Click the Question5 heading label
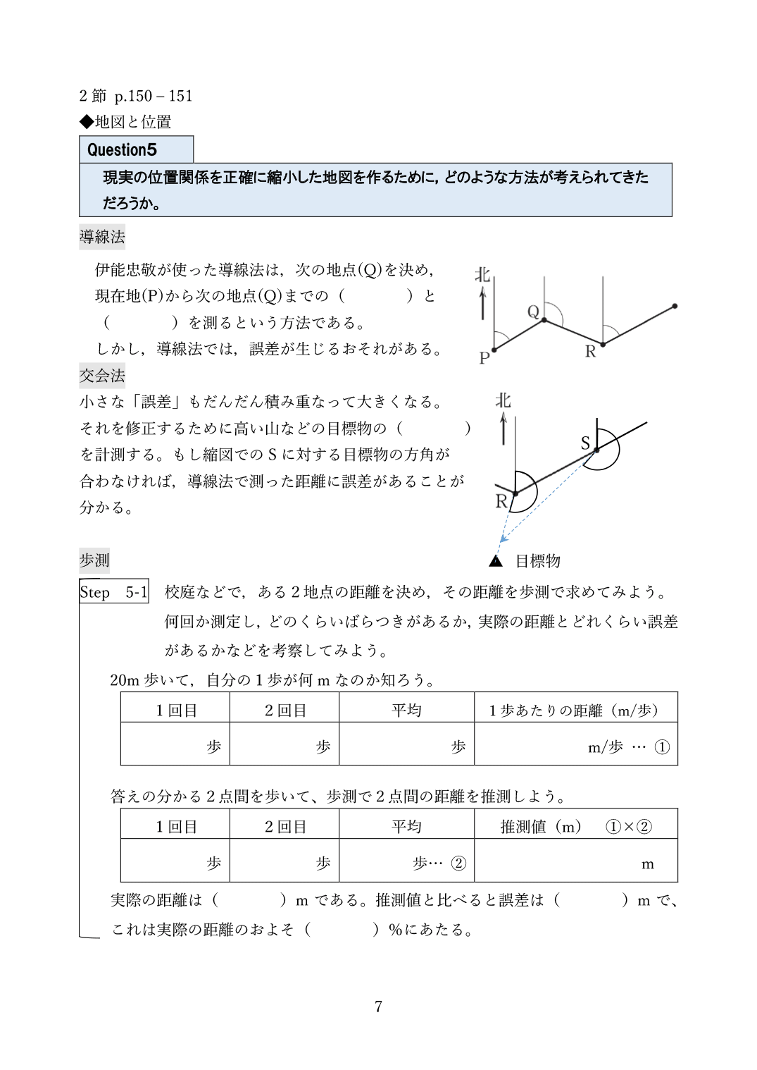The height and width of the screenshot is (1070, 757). [x=122, y=149]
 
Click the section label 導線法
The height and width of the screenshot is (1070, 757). [x=102, y=237]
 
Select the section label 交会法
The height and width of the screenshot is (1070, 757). [x=102, y=376]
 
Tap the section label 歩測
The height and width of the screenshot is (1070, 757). [x=94, y=561]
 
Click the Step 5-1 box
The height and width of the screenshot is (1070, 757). [x=114, y=592]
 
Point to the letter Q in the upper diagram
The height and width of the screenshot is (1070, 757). [x=533, y=311]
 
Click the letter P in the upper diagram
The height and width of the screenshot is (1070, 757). [x=484, y=358]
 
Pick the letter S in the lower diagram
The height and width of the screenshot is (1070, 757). [x=585, y=443]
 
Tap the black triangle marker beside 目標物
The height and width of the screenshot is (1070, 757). [x=496, y=561]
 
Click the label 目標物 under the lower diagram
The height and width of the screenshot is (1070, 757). [x=538, y=561]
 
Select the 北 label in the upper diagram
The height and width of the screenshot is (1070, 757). [x=482, y=274]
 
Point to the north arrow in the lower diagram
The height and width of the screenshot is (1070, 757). [x=503, y=429]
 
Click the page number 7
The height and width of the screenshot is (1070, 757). [x=378, y=1007]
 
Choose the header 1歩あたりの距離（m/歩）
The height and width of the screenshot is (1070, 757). [x=575, y=711]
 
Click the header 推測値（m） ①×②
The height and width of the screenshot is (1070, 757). [x=575, y=827]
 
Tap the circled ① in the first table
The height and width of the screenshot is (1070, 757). [x=662, y=747]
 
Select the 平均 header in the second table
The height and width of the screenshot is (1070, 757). [x=406, y=827]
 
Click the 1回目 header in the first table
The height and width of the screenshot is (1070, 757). [x=176, y=711]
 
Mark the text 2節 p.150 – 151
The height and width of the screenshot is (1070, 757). [x=137, y=96]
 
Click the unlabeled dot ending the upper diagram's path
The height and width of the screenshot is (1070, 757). [x=675, y=306]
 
